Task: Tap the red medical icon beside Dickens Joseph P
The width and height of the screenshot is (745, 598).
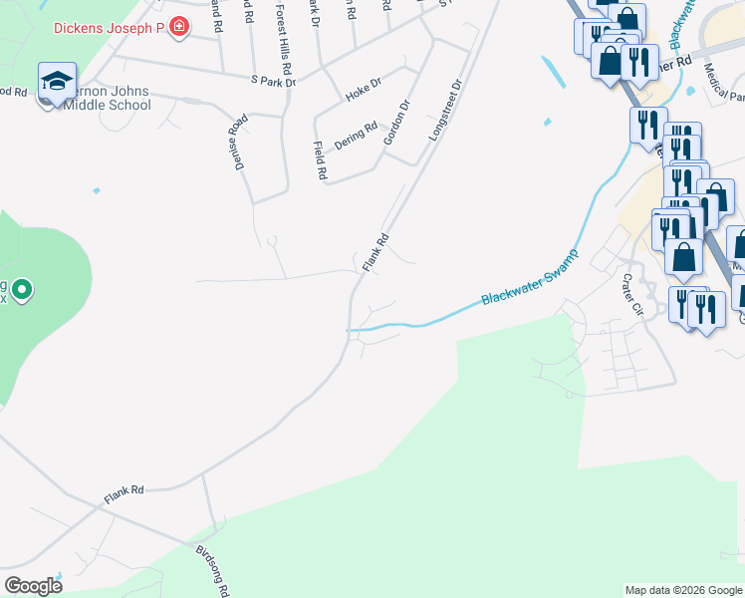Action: pos(178,27)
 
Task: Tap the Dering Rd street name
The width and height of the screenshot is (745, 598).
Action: pos(357,135)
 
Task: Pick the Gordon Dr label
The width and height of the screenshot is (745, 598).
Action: pos(397,122)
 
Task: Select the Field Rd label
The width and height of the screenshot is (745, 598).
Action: pos(320,159)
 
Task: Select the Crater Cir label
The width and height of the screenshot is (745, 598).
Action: pos(634,295)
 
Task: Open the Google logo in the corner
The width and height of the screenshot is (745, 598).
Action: pos(33,586)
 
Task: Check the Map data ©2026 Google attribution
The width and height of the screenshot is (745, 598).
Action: pos(682,590)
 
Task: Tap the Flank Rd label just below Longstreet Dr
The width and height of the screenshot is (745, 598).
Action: pos(374,253)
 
